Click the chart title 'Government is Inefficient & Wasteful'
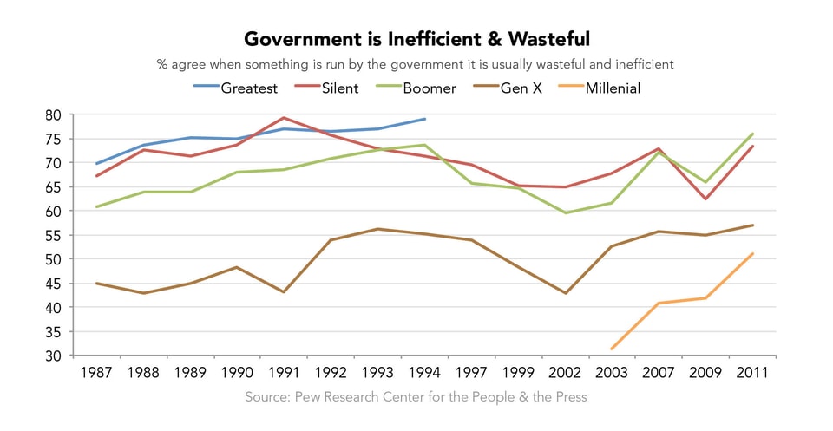tap(416, 39)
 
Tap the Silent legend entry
tap(335, 88)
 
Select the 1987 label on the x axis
tap(96, 372)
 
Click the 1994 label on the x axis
tap(424, 372)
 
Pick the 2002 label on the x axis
tap(565, 372)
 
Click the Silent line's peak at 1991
tap(284, 118)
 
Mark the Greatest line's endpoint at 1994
tap(424, 119)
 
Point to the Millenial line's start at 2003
tap(612, 349)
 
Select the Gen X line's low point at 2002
tap(565, 293)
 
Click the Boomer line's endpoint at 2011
tap(752, 134)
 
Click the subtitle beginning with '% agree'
tap(416, 64)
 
